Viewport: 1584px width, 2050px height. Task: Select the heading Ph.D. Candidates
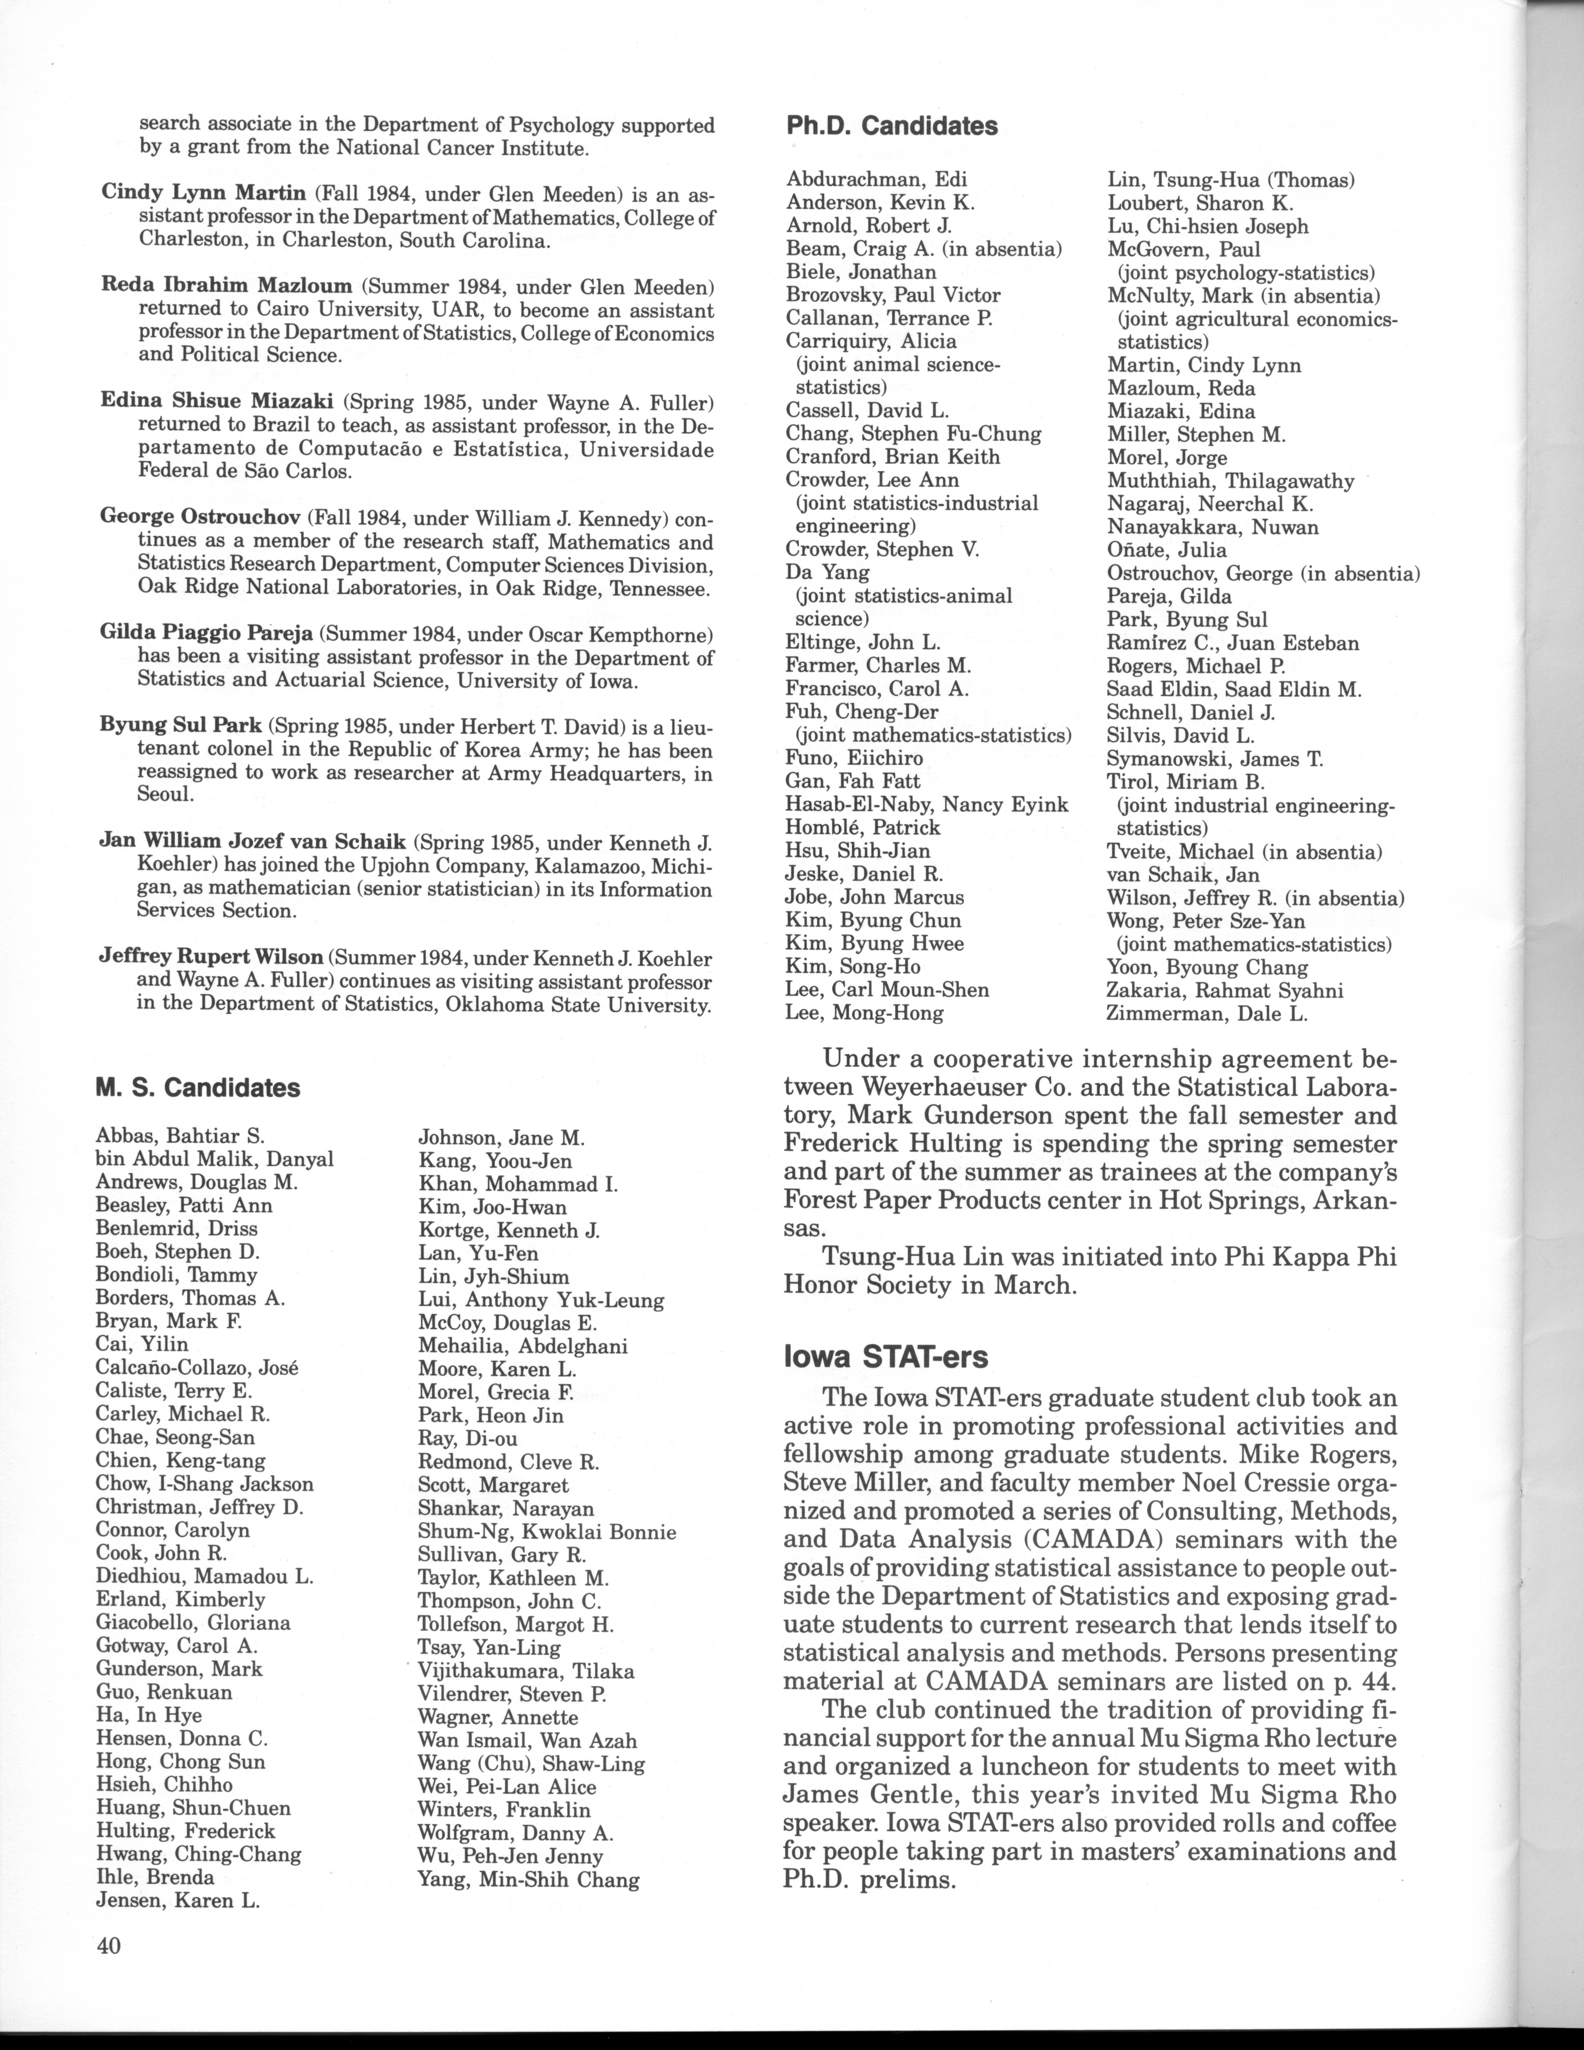pos(891,126)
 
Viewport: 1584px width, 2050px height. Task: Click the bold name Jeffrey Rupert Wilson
pos(211,958)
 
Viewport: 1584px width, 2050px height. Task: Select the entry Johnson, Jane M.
pos(501,1139)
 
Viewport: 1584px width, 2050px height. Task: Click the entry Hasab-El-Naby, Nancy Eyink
pos(926,804)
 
